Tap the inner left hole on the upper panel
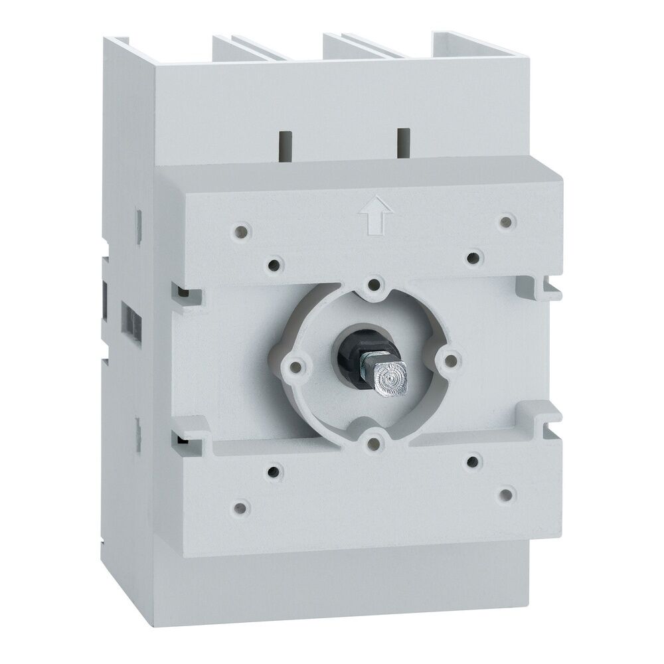(273, 266)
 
